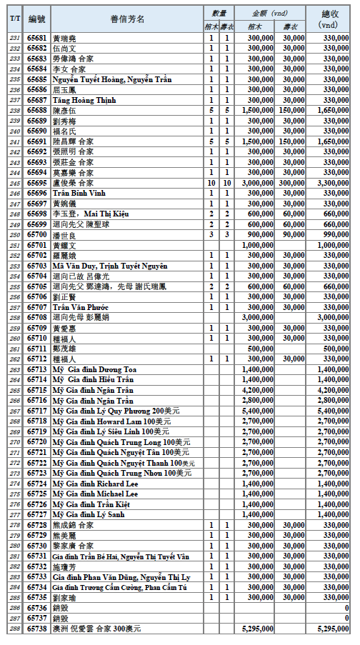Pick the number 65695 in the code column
point(36,183)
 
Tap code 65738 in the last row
point(36,629)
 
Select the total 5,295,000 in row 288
point(332,629)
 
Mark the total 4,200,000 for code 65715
point(332,390)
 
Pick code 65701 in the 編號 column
point(36,245)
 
